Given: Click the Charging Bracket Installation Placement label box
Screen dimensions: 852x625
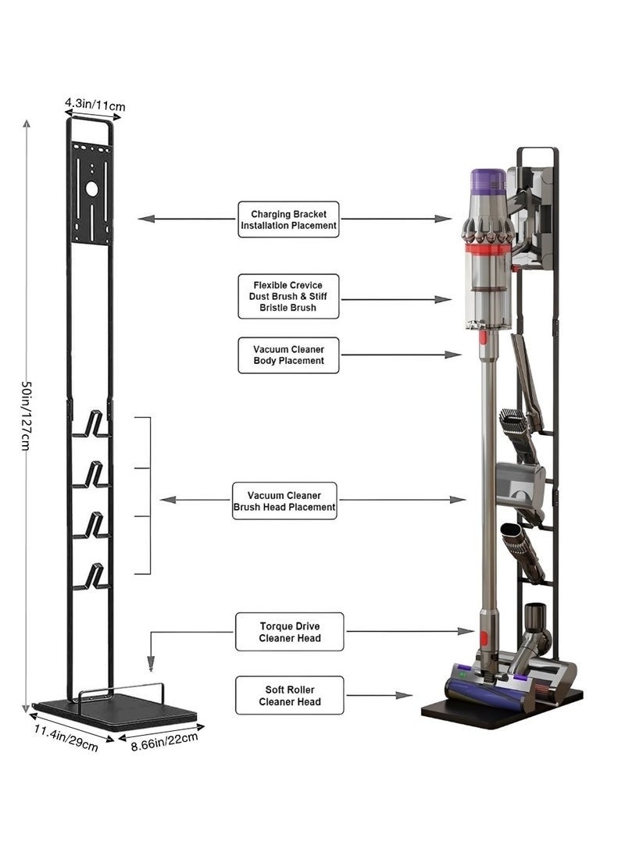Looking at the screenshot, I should coord(289,219).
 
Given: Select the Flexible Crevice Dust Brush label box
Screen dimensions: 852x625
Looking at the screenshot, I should coord(289,295).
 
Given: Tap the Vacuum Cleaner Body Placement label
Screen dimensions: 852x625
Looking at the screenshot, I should coord(289,355).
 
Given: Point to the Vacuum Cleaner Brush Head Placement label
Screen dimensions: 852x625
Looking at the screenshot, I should coord(285,501).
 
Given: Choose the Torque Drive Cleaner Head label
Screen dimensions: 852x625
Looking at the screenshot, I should coord(289,632).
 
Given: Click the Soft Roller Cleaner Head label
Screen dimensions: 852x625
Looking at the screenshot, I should coord(289,695).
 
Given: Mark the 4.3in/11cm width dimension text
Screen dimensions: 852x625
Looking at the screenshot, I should coord(95,104).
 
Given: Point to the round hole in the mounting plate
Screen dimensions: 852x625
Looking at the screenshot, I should coord(91,188).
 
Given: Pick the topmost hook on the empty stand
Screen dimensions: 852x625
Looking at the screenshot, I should coord(95,424).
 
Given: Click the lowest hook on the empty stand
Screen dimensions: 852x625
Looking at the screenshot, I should coord(95,576).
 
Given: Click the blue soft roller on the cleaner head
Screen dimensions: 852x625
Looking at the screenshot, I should coord(469,688).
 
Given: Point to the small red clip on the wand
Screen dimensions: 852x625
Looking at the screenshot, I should coord(482,338).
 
